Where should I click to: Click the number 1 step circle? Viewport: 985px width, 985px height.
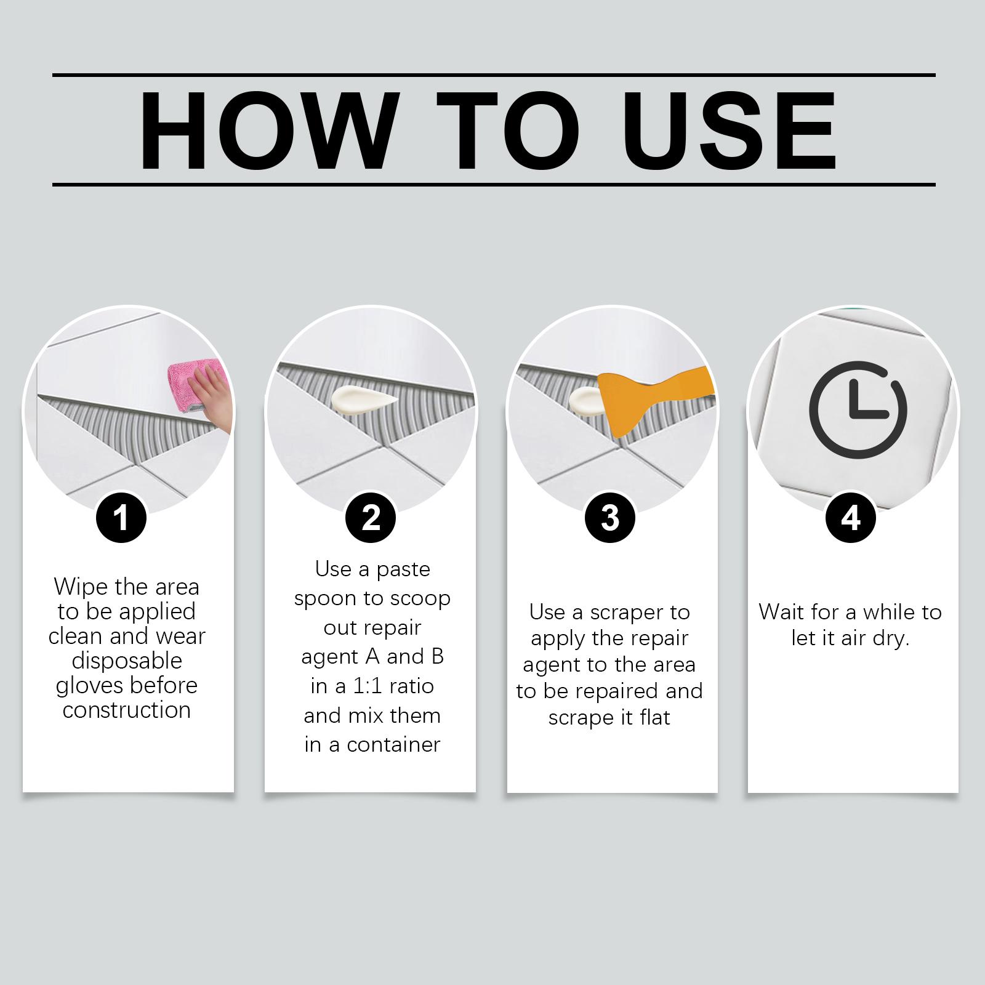pos(121,518)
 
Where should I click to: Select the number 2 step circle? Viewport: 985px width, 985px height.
pos(371,518)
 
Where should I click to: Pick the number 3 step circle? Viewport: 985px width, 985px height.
pos(609,518)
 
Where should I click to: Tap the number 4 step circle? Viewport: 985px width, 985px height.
pos(850,518)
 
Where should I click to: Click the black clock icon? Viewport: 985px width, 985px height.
pos(858,410)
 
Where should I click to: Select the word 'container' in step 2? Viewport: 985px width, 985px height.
pos(394,745)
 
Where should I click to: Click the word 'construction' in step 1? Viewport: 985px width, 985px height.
pos(127,710)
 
